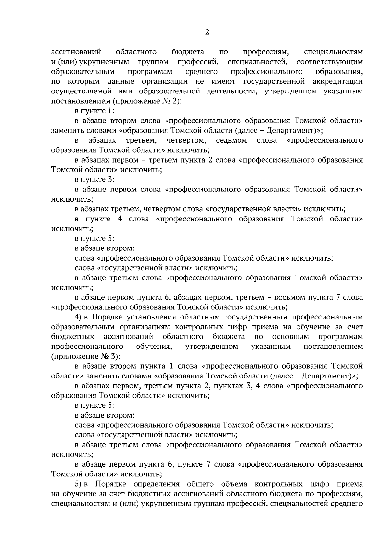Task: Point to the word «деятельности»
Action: tap(229, 91)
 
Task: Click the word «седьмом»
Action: tap(231, 140)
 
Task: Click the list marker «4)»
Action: tap(78, 317)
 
